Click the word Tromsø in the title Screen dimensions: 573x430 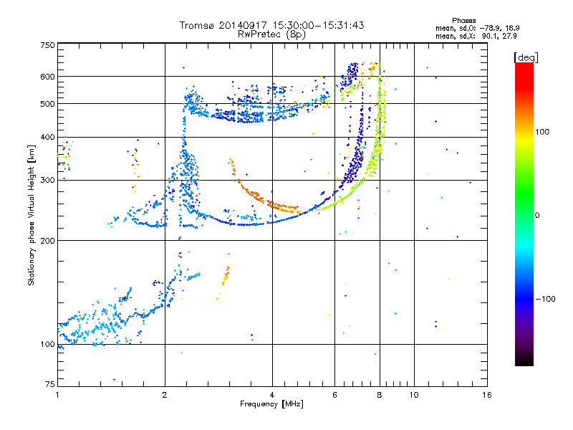[x=198, y=25]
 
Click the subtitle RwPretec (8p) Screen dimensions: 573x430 [x=271, y=34]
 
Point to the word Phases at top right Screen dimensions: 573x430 [x=463, y=21]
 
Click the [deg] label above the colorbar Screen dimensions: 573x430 [x=526, y=57]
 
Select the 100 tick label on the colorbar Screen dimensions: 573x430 [x=542, y=132]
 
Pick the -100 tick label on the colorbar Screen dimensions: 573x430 [x=546, y=299]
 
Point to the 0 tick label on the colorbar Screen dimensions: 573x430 [x=537, y=216]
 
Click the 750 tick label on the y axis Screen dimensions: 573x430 [x=47, y=45]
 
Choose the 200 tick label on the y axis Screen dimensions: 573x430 [x=47, y=241]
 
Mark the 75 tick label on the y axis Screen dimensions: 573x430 [x=50, y=384]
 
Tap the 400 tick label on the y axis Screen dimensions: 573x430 [x=47, y=138]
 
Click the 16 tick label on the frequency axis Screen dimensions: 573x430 [x=487, y=395]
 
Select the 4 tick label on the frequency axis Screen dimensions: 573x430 [x=272, y=395]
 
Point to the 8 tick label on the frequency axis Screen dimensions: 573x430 [x=380, y=395]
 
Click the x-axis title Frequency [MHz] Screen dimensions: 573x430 [x=271, y=404]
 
